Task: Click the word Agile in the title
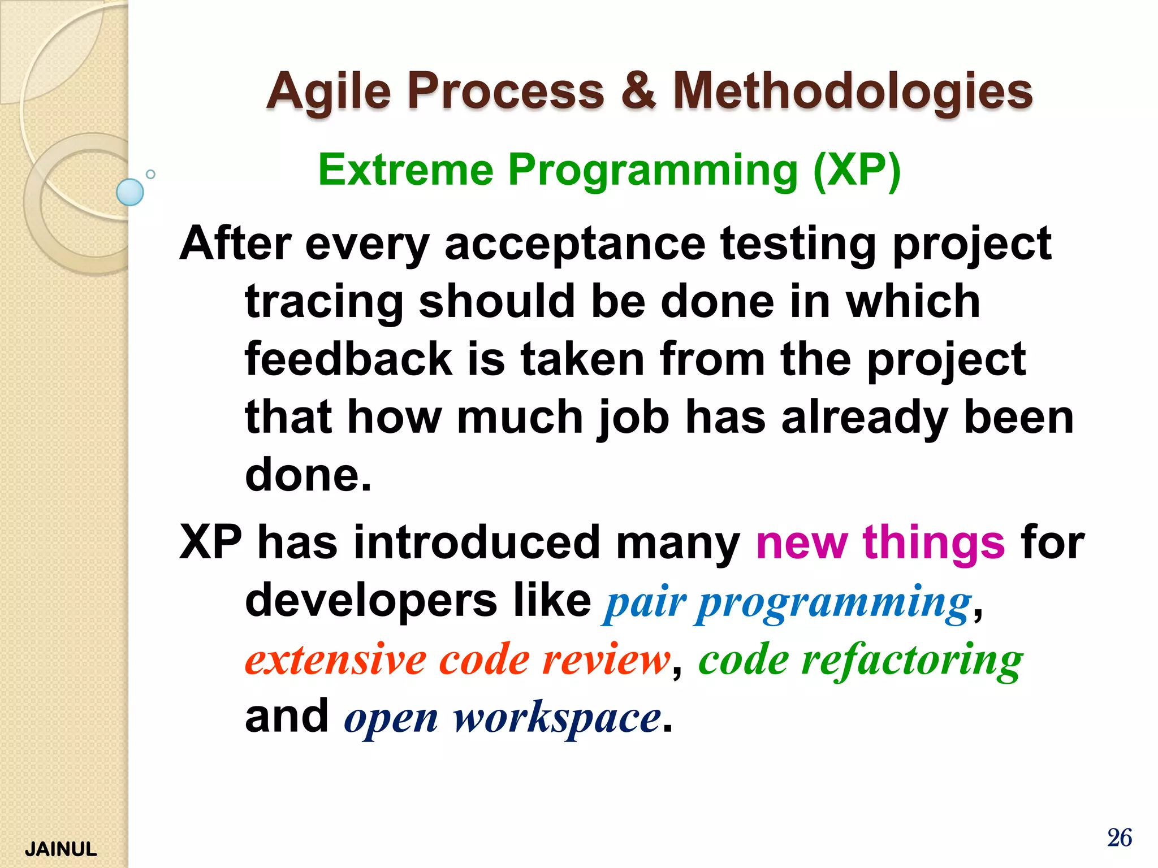[x=329, y=92]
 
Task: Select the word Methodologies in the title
[x=853, y=92]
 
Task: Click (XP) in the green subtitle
[x=857, y=170]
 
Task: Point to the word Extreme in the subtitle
[x=405, y=170]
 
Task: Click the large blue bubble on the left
[x=130, y=192]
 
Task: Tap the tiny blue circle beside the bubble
[x=150, y=174]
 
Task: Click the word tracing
[x=324, y=302]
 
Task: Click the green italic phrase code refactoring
[x=860, y=659]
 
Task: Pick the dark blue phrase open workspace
[x=502, y=718]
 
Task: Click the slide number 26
[x=1119, y=837]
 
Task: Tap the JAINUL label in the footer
[x=61, y=849]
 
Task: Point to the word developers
[x=371, y=601]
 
